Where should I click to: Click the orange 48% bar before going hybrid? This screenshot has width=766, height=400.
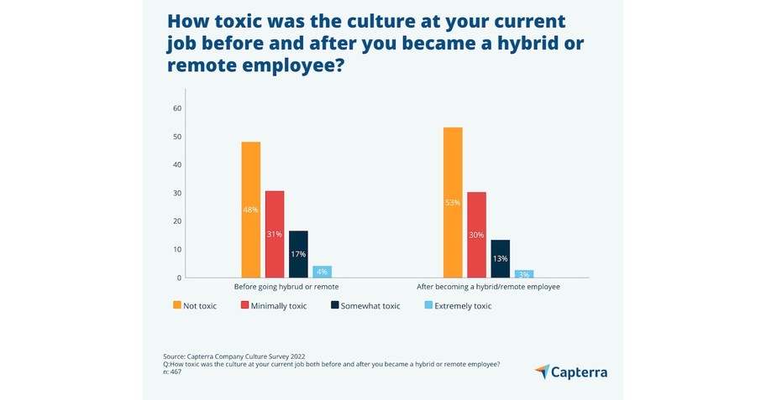(x=250, y=210)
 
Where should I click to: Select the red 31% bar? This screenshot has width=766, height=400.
(x=275, y=234)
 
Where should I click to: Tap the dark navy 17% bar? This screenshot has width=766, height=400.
(x=298, y=254)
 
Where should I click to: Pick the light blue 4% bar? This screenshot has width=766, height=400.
(x=322, y=272)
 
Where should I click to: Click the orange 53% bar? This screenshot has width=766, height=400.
(x=453, y=202)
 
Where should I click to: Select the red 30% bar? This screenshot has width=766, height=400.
(x=476, y=235)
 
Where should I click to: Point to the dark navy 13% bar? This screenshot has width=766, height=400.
(x=501, y=258)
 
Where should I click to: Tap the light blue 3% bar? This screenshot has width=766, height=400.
(x=524, y=273)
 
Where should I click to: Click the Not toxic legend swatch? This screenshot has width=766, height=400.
(x=177, y=306)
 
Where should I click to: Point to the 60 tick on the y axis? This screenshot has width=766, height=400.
(x=177, y=108)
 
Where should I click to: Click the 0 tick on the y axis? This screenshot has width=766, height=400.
(x=179, y=278)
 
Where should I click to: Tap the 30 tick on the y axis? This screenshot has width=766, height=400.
(x=177, y=193)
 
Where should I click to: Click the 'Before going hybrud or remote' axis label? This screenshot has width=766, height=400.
(x=286, y=287)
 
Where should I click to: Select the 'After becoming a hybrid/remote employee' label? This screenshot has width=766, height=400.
(x=488, y=287)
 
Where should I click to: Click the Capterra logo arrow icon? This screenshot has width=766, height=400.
(x=542, y=371)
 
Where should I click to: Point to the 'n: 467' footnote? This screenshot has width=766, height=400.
(x=172, y=371)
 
